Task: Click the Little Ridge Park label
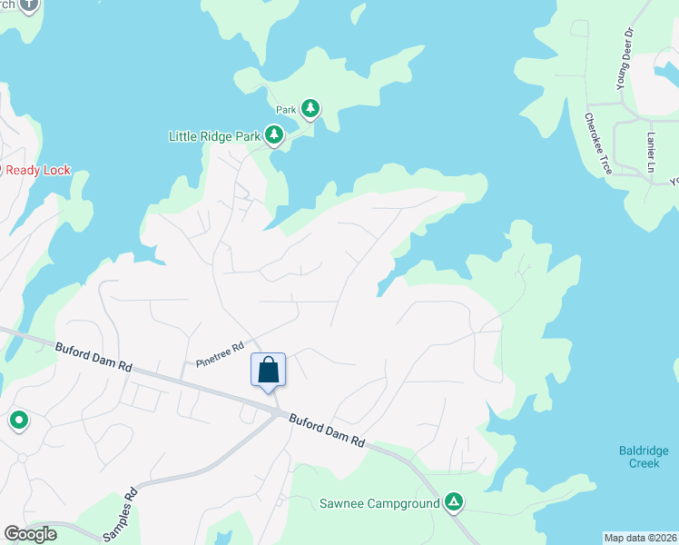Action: pyautogui.click(x=214, y=136)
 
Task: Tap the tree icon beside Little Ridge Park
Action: pyautogui.click(x=274, y=136)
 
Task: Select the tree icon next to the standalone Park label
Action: pyautogui.click(x=310, y=109)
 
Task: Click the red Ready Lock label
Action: pyautogui.click(x=36, y=170)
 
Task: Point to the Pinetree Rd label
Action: pyautogui.click(x=220, y=355)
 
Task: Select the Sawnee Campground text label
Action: pyautogui.click(x=379, y=503)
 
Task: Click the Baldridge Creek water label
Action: pyautogui.click(x=644, y=456)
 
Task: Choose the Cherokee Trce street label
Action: pyautogui.click(x=598, y=144)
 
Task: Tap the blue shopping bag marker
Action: pyautogui.click(x=268, y=371)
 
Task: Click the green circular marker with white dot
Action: pyautogui.click(x=18, y=421)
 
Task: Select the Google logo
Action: pyautogui.click(x=30, y=534)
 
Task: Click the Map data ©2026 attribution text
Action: pyautogui.click(x=640, y=538)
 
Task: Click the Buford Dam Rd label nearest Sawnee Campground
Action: pyautogui.click(x=327, y=430)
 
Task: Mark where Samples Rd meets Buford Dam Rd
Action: pyautogui.click(x=277, y=413)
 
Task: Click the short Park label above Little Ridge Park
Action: pyautogui.click(x=287, y=110)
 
